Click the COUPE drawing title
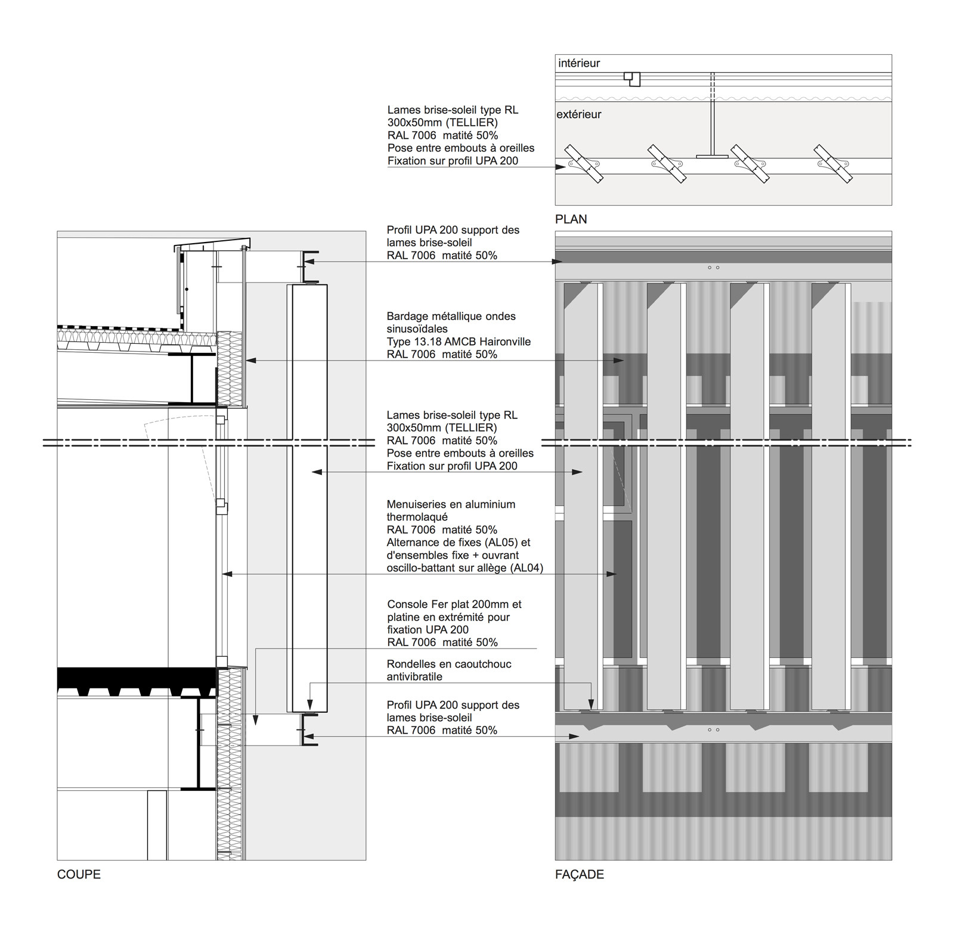[x=79, y=874]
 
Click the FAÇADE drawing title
[x=579, y=874]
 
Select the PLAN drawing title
[x=571, y=219]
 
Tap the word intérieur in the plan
[x=579, y=63]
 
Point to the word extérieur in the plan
[x=579, y=114]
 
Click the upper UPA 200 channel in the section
[x=309, y=266]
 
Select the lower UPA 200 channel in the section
[x=309, y=730]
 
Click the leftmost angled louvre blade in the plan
[x=584, y=163]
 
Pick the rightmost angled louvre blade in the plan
[x=833, y=163]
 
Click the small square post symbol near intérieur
[x=633, y=78]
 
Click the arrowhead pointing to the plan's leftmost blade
[x=561, y=167]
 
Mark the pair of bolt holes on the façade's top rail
[x=713, y=268]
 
